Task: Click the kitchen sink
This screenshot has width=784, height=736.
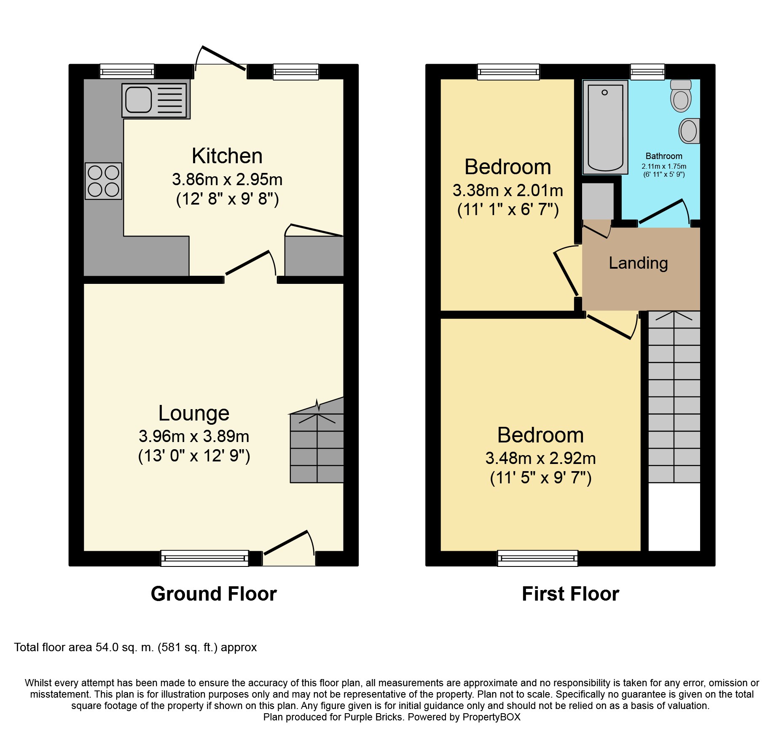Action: tap(156, 100)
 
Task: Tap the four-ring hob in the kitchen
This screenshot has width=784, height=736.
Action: tap(103, 181)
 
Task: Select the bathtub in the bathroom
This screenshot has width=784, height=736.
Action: tap(605, 127)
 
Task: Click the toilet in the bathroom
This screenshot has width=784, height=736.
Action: tap(681, 96)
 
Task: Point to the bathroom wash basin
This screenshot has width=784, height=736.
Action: tap(689, 131)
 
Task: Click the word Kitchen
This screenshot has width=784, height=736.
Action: tap(227, 156)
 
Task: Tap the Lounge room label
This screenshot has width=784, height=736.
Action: tap(194, 413)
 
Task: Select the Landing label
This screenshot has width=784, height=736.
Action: tap(638, 264)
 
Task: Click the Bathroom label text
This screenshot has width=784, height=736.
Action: tap(664, 156)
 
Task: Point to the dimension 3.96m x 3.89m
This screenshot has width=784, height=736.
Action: tap(194, 436)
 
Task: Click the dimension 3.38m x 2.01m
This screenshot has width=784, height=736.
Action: tap(508, 191)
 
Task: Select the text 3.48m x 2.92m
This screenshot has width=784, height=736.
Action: tap(541, 458)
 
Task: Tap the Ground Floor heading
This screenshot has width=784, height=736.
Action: tap(214, 594)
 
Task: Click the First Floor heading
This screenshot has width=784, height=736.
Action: tap(571, 594)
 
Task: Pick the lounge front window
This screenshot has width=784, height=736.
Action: tap(204, 558)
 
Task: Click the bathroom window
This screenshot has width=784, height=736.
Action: tap(647, 72)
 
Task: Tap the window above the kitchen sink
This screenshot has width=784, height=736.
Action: tap(127, 71)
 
